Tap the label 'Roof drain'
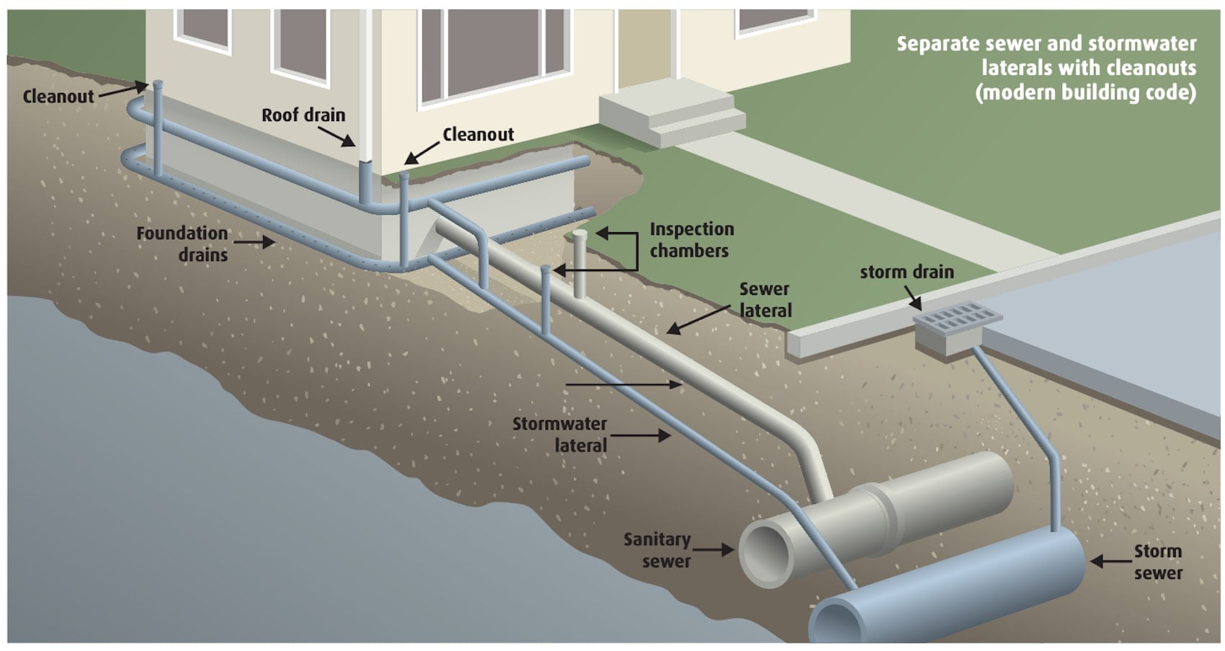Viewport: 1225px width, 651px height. coord(303,115)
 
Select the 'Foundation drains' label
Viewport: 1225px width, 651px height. coord(182,244)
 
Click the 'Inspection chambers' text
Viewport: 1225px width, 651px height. coord(691,240)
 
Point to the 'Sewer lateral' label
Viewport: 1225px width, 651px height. coord(765,300)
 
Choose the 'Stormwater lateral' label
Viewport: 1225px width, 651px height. coord(560,435)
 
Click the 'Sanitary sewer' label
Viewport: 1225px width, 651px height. coord(657,550)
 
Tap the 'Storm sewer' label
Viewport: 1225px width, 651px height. coord(1158,562)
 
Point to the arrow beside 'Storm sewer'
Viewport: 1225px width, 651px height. coord(1110,562)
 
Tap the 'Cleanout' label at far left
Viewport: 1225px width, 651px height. coord(58,97)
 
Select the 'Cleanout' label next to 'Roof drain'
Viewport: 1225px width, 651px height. coord(478,135)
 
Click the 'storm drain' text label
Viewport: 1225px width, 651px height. coord(906,273)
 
